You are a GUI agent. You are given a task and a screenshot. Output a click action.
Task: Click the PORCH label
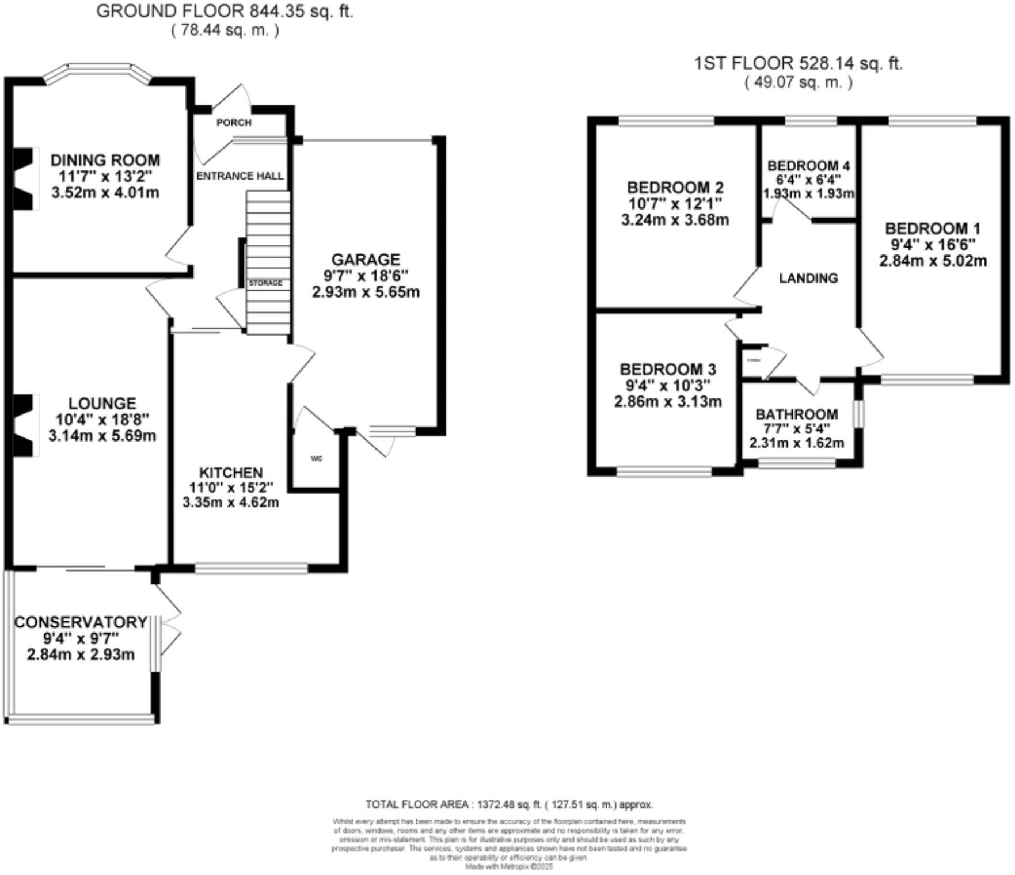(234, 123)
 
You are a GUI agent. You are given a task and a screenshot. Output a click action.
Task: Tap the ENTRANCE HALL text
(240, 176)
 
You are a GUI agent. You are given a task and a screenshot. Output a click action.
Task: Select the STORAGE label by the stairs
(265, 283)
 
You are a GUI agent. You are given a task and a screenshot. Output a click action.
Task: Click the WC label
(316, 459)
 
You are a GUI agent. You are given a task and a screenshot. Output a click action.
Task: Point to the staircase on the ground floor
(268, 242)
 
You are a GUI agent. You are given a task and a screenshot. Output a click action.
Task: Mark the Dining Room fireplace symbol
(24, 178)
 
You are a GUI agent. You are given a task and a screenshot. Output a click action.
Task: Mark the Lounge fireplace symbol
(24, 425)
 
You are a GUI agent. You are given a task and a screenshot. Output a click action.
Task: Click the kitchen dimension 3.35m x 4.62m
(230, 503)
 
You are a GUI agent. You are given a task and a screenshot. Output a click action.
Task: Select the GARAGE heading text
(366, 260)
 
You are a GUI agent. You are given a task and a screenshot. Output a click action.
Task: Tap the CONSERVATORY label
(81, 622)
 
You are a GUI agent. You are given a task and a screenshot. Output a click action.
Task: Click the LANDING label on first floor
(808, 279)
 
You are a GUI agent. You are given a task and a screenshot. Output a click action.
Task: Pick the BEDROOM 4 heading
(808, 166)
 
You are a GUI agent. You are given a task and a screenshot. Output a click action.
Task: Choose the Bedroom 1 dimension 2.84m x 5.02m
(933, 261)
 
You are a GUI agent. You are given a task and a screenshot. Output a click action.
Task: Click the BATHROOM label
(796, 414)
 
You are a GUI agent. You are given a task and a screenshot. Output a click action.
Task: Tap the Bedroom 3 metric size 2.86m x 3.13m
(668, 402)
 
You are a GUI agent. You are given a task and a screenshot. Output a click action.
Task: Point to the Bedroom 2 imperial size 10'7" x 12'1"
(675, 203)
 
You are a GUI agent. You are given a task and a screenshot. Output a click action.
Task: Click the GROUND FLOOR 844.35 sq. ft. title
(225, 12)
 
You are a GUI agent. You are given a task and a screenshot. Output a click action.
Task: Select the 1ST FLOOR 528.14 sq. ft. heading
(798, 63)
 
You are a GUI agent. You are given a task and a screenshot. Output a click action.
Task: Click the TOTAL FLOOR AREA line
(509, 805)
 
